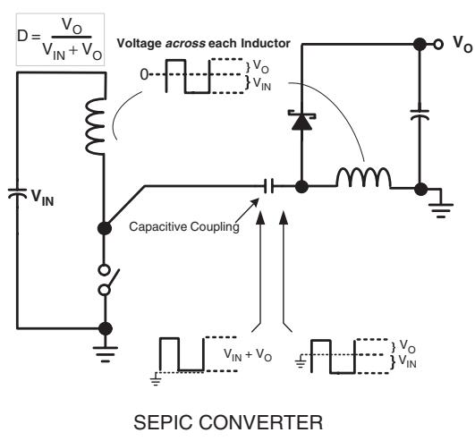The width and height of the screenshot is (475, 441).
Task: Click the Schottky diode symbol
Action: point(301,121)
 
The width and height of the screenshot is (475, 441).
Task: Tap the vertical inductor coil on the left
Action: point(95,126)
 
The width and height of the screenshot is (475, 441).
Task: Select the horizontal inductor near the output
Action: point(363,178)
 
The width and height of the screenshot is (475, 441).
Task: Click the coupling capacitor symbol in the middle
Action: point(268,186)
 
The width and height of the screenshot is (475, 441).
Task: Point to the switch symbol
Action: point(106,280)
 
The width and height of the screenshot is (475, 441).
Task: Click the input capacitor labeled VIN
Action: point(17,193)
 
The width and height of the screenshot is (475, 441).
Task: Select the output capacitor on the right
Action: point(420,114)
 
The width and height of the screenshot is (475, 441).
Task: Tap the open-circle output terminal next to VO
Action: point(438,45)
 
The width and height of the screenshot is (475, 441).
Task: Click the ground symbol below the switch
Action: point(106,353)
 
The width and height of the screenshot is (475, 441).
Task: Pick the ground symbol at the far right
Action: point(441,210)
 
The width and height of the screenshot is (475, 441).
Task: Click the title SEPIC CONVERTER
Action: point(228,422)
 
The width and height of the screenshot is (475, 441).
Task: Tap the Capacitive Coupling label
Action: point(184,226)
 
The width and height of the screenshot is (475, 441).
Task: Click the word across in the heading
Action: point(185,44)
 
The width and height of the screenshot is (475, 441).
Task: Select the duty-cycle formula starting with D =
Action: point(60,39)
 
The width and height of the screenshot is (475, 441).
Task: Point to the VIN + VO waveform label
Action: point(248,354)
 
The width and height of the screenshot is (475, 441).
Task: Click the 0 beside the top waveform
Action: point(145,74)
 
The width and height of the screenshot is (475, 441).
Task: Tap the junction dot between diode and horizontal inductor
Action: point(301,187)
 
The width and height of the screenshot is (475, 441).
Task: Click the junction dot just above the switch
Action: point(105,228)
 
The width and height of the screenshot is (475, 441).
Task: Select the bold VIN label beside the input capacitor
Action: point(43,198)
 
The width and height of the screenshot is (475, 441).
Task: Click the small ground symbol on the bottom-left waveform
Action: point(156,378)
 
